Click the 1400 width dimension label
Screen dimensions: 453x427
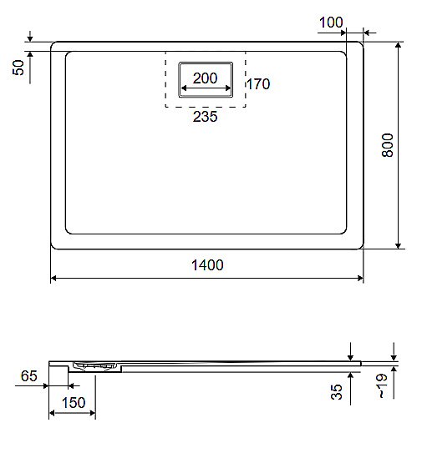(x=206, y=265)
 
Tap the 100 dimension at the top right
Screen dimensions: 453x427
(x=332, y=23)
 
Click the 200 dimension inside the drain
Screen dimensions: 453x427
(x=205, y=78)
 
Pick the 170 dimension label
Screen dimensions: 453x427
(x=258, y=84)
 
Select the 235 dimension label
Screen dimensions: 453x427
(x=205, y=118)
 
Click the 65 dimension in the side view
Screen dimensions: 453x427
(x=28, y=377)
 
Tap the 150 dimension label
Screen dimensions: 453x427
(x=74, y=404)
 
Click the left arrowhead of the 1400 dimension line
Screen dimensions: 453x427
(x=54, y=278)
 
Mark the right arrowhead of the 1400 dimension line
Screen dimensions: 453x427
(x=360, y=278)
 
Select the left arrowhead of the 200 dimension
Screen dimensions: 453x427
(x=184, y=88)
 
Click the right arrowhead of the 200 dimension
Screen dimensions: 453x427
(x=226, y=88)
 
